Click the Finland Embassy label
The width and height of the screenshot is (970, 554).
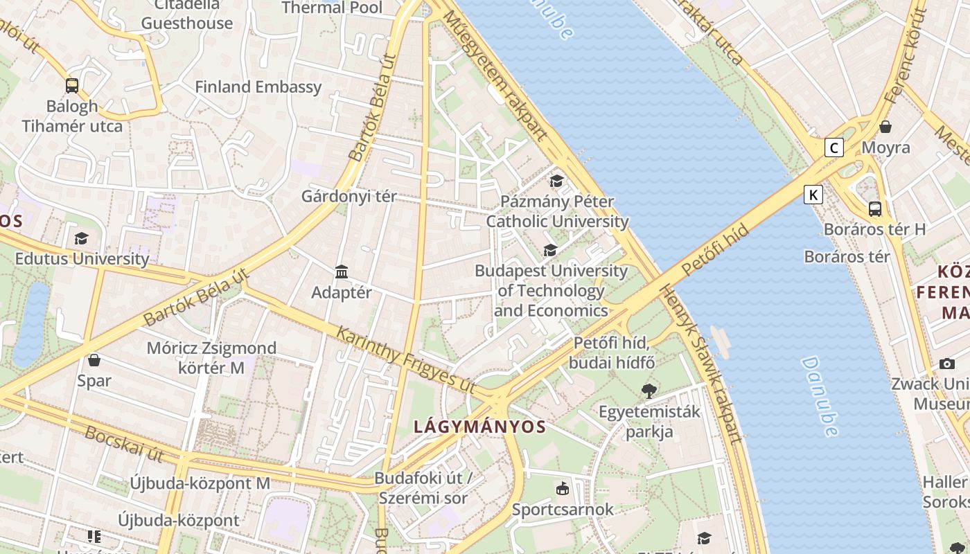[x=258, y=87]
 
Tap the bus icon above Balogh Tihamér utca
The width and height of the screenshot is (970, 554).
[x=72, y=86]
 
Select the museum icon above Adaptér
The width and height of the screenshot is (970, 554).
[x=342, y=271]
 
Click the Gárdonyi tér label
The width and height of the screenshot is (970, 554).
[x=349, y=197]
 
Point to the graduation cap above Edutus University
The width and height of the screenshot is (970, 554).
[x=82, y=239]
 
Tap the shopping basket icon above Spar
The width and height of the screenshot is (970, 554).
[x=94, y=360]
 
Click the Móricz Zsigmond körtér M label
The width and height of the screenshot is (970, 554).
[x=211, y=357]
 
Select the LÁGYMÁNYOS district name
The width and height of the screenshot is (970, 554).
[x=479, y=427]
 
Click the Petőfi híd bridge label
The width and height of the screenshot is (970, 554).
[x=715, y=249]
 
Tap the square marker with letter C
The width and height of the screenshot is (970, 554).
[x=834, y=148]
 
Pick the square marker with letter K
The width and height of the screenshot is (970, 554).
[x=813, y=195]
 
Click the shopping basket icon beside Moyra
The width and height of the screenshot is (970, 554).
[x=885, y=127]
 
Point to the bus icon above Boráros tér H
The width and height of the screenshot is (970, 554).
[x=875, y=208]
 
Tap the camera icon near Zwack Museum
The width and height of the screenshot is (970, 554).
[x=947, y=364]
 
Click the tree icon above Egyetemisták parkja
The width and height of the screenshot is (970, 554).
[x=649, y=391]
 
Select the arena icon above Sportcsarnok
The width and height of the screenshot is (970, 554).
[x=563, y=489]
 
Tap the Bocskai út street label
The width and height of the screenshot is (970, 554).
[x=124, y=444]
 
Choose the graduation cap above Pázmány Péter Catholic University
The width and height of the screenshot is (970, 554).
[x=556, y=181]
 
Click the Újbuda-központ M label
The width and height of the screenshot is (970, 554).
[x=200, y=483]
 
